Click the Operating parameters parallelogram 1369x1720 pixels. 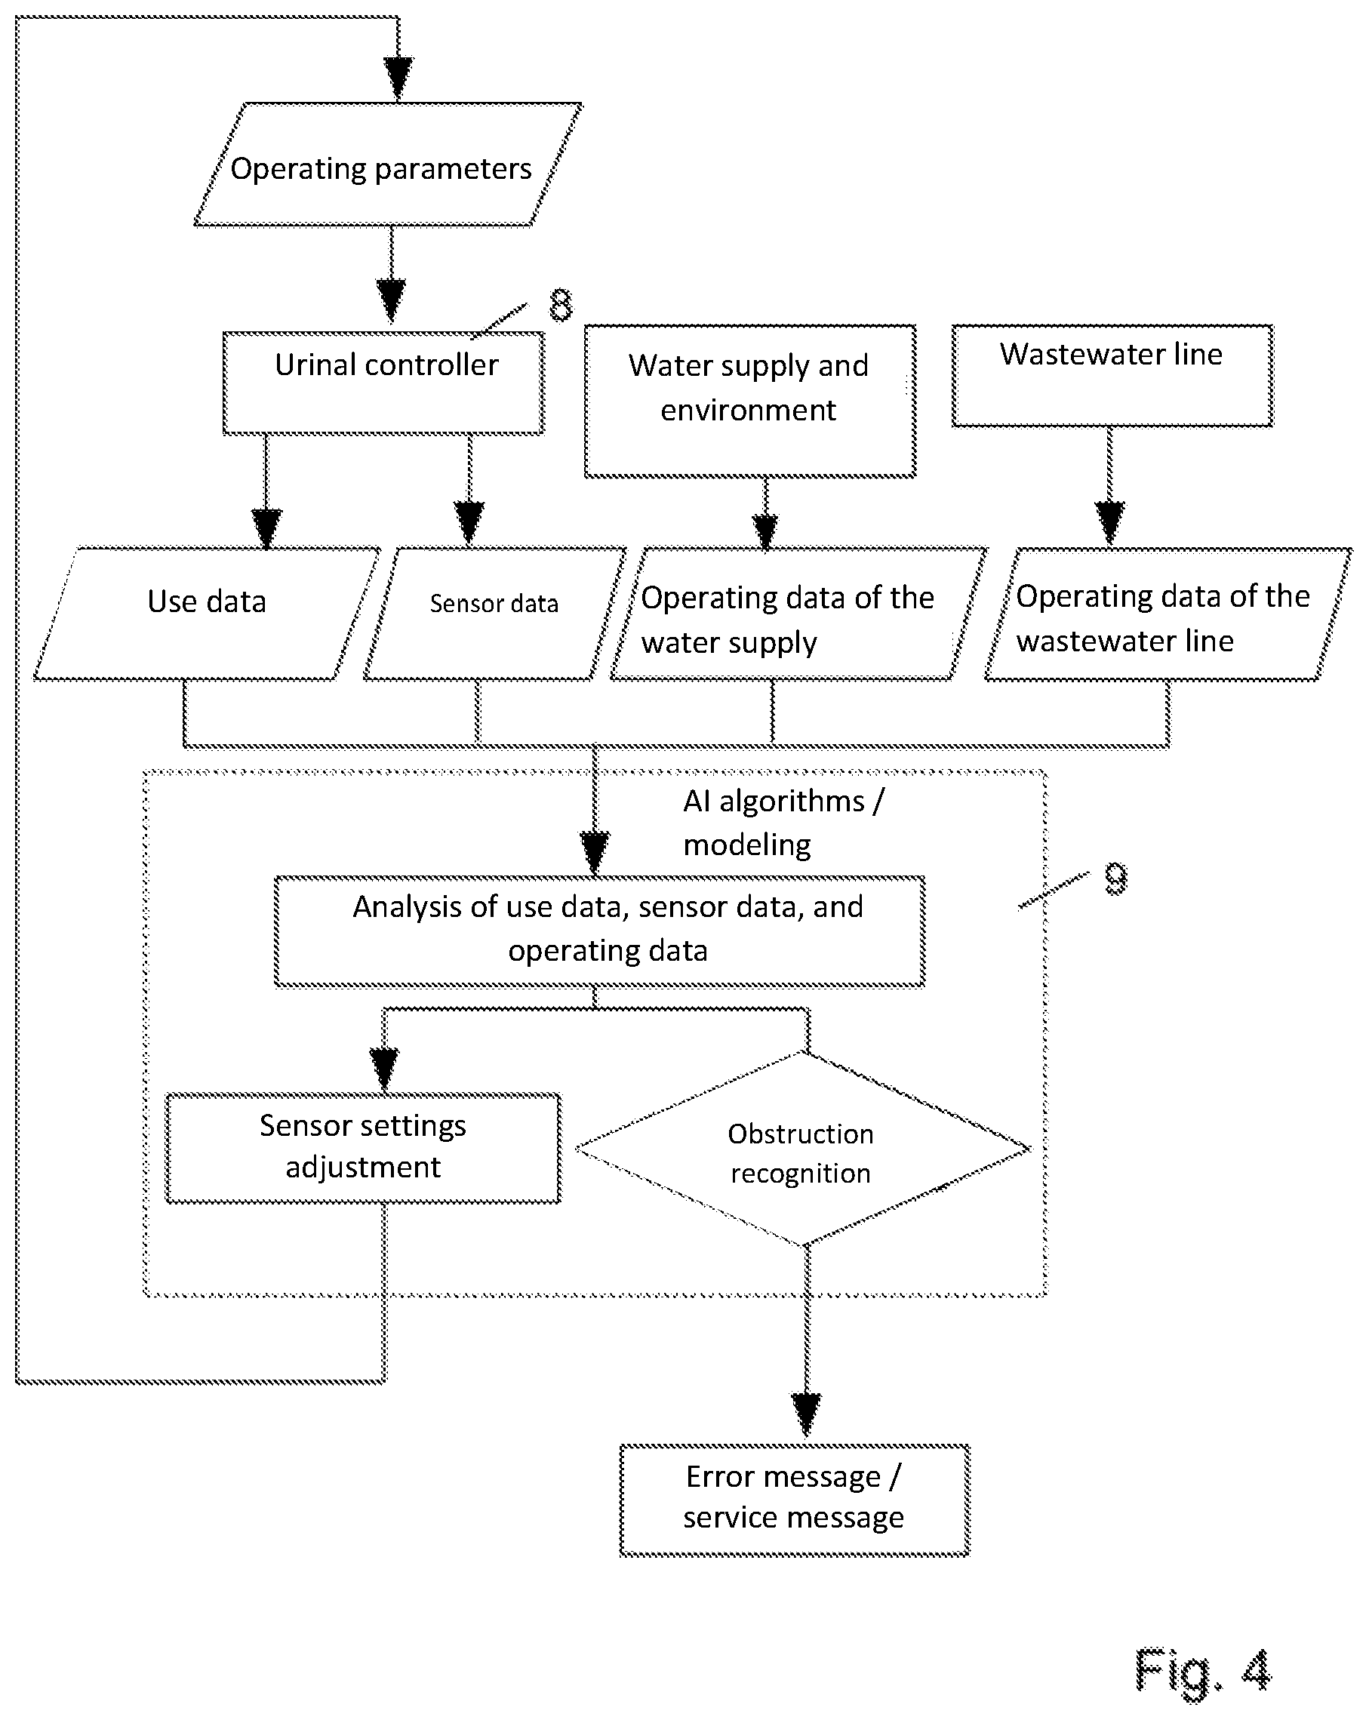tap(389, 165)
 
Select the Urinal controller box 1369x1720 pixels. tap(383, 383)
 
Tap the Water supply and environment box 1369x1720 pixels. tap(750, 401)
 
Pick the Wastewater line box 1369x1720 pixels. tap(1112, 375)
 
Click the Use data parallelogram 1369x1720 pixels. tap(208, 614)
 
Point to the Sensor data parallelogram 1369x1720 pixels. tap(494, 614)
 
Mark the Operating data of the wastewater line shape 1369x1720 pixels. tap(1169, 614)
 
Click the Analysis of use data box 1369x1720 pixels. tap(600, 931)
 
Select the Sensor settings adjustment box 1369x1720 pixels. tap(363, 1147)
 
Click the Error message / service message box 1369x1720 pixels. tap(795, 1500)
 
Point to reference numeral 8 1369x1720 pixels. tap(561, 305)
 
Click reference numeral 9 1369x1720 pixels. tap(1116, 878)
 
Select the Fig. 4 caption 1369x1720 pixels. tap(1202, 1669)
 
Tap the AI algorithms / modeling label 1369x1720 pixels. tap(783, 823)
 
